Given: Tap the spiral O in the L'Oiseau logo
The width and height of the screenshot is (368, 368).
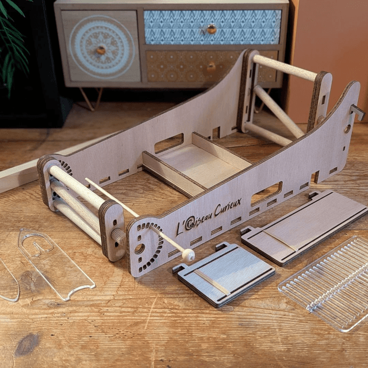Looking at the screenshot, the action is click(x=189, y=224).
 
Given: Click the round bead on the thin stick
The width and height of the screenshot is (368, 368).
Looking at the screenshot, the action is click(x=189, y=255).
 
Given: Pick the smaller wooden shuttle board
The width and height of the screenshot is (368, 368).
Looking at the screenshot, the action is click(x=224, y=274).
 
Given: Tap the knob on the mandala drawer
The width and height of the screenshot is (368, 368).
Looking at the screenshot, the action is click(x=101, y=50).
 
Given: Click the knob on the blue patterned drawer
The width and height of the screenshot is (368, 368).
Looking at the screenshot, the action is click(x=211, y=29).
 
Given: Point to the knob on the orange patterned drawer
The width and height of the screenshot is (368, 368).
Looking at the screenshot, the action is click(x=211, y=67).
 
